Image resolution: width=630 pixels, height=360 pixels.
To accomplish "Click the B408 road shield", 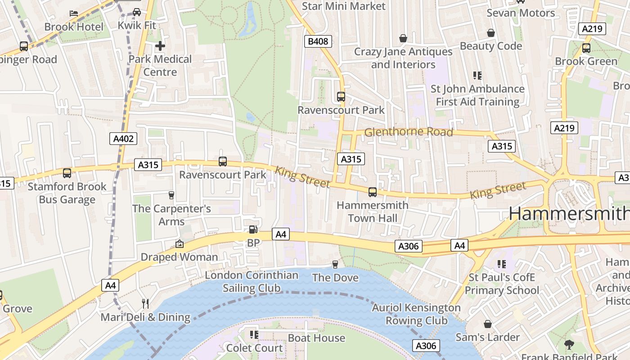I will tap(318, 42).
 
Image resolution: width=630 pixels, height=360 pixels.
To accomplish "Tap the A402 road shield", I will tap(123, 139).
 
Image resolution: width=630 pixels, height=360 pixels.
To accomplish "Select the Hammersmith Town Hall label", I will tap(373, 211).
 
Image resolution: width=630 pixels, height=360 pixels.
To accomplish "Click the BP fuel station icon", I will tap(253, 229).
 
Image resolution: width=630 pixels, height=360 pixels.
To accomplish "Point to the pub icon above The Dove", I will tap(335, 264).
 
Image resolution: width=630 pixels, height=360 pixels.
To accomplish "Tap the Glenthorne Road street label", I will tap(408, 132).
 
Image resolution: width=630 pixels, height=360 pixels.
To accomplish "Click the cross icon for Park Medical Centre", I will tap(160, 46).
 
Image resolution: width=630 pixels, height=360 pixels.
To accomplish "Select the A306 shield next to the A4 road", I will tap(409, 246).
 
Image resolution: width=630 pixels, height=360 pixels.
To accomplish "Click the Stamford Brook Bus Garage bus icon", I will tap(67, 173).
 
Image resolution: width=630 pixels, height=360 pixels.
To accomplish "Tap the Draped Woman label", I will tap(179, 257).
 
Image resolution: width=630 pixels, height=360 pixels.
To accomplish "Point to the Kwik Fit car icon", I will tap(137, 12).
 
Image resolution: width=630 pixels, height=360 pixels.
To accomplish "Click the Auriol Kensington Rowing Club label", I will tap(416, 314).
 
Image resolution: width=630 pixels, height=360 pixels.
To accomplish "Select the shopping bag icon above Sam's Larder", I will tap(487, 324).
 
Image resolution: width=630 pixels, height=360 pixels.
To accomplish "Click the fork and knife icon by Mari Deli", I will tap(145, 303).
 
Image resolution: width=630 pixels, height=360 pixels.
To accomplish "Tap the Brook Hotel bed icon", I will tap(74, 13).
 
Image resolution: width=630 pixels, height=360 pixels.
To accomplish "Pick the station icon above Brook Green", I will tap(586, 48).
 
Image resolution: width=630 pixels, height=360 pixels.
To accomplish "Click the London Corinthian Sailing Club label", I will tap(252, 281).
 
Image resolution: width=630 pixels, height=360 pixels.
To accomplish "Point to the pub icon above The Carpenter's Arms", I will tap(171, 195).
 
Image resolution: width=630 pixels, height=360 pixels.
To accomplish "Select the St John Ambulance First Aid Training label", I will tap(477, 95).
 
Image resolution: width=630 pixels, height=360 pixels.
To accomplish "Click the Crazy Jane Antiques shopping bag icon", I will tap(403, 38).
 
